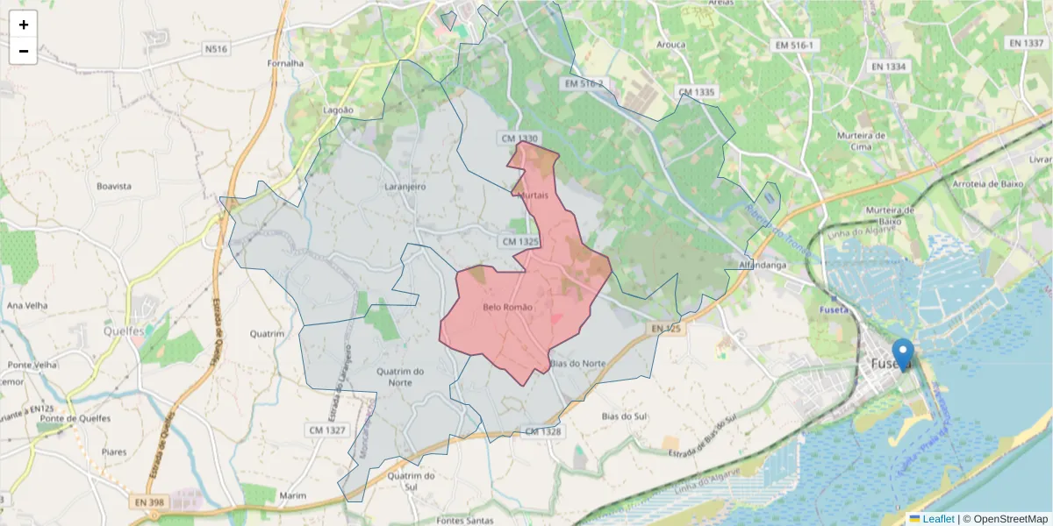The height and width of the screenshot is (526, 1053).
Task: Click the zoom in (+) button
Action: (x=24, y=25)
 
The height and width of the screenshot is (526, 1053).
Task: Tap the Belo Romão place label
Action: (x=507, y=307)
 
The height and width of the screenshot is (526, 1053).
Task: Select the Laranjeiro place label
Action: (x=405, y=187)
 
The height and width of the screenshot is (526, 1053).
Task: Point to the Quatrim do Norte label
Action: (x=399, y=377)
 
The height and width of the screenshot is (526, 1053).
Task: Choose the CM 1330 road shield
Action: (x=519, y=139)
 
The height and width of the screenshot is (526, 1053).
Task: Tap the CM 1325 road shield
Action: (x=519, y=241)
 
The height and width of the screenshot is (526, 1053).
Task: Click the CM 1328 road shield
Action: (x=542, y=431)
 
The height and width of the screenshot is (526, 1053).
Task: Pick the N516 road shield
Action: (x=216, y=49)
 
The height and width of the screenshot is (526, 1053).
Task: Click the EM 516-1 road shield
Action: (x=795, y=45)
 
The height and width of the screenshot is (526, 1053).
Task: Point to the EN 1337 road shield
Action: (x=1026, y=43)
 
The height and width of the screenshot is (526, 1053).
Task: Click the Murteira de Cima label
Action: (x=860, y=141)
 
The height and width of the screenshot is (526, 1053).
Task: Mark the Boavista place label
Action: (x=114, y=186)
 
